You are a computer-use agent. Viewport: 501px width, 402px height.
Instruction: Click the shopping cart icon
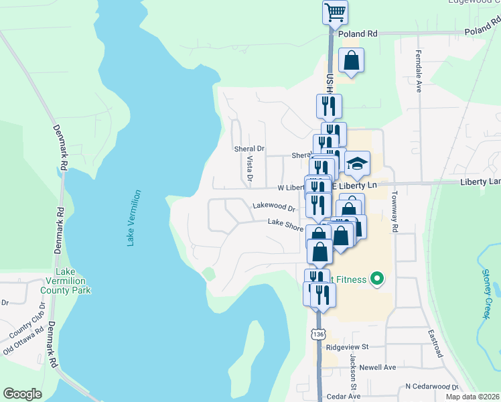[335, 11]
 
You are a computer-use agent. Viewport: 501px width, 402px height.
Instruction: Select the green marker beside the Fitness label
[376, 279]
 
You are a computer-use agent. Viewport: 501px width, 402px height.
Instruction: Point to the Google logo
[23, 393]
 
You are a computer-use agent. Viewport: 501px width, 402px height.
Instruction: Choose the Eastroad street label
[439, 342]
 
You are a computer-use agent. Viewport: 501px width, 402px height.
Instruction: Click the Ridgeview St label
[348, 347]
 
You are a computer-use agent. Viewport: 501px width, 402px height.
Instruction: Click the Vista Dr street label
[249, 168]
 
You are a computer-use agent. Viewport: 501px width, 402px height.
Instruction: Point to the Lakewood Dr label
[274, 208]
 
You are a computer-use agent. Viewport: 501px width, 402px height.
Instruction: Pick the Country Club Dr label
[27, 323]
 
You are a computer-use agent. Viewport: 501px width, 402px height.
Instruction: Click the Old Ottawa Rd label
[25, 340]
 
